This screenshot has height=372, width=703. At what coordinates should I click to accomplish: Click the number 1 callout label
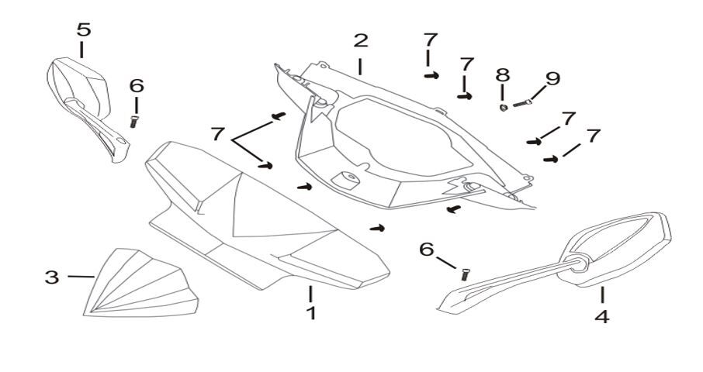[x=310, y=314]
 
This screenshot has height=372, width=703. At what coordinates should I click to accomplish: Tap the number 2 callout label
[x=361, y=40]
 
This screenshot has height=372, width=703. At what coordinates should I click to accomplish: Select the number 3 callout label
[x=52, y=277]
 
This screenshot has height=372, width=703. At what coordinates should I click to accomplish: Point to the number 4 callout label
[x=602, y=317]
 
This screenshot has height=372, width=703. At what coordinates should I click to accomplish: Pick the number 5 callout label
[x=83, y=30]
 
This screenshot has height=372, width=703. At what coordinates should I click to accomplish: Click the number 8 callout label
[x=503, y=75]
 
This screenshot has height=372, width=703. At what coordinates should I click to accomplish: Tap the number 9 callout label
[x=552, y=78]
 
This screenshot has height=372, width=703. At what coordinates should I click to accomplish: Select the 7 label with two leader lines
[x=217, y=133]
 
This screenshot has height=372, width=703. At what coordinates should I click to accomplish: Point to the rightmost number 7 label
[x=594, y=136]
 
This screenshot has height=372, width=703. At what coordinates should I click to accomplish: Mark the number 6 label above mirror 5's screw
[x=137, y=85]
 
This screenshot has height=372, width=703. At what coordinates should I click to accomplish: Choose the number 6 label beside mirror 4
[x=426, y=249]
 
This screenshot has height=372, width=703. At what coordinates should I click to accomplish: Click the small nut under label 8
[x=503, y=106]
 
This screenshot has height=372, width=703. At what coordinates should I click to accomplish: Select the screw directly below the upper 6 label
[x=134, y=121]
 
